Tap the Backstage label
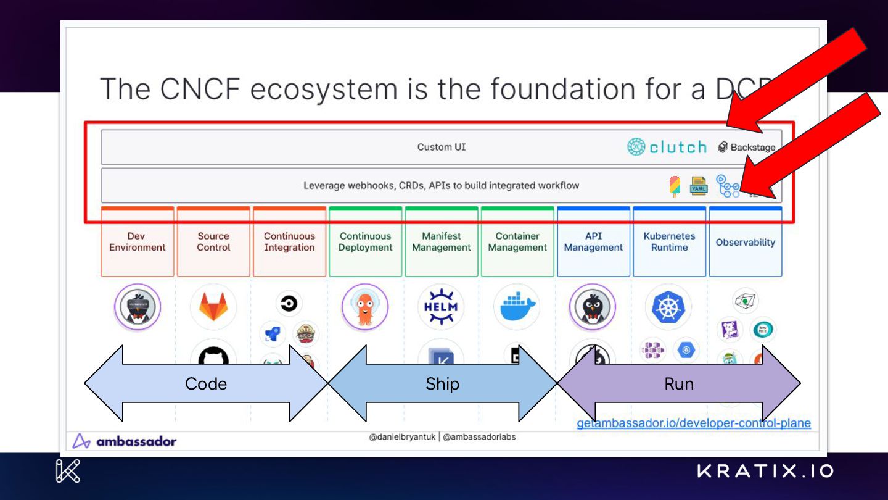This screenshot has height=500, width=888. point(752,148)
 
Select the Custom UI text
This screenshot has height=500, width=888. point(442,147)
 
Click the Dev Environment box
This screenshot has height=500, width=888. point(138,242)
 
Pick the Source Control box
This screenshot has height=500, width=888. point(213,242)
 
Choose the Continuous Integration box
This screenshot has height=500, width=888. point(289,242)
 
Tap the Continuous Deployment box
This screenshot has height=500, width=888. point(366,242)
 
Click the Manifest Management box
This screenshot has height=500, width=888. point(442,242)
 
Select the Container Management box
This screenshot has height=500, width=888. point(517,242)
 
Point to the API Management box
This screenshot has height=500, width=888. point(593,242)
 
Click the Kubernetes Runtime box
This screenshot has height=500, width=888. point(669,242)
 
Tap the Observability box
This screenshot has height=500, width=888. point(746,243)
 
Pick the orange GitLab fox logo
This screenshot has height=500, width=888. point(213,306)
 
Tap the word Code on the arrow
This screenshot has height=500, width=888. point(206,384)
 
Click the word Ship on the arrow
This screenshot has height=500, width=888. point(442,384)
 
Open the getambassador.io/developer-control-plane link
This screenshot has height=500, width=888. point(694,423)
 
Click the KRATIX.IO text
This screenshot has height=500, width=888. point(765,472)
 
